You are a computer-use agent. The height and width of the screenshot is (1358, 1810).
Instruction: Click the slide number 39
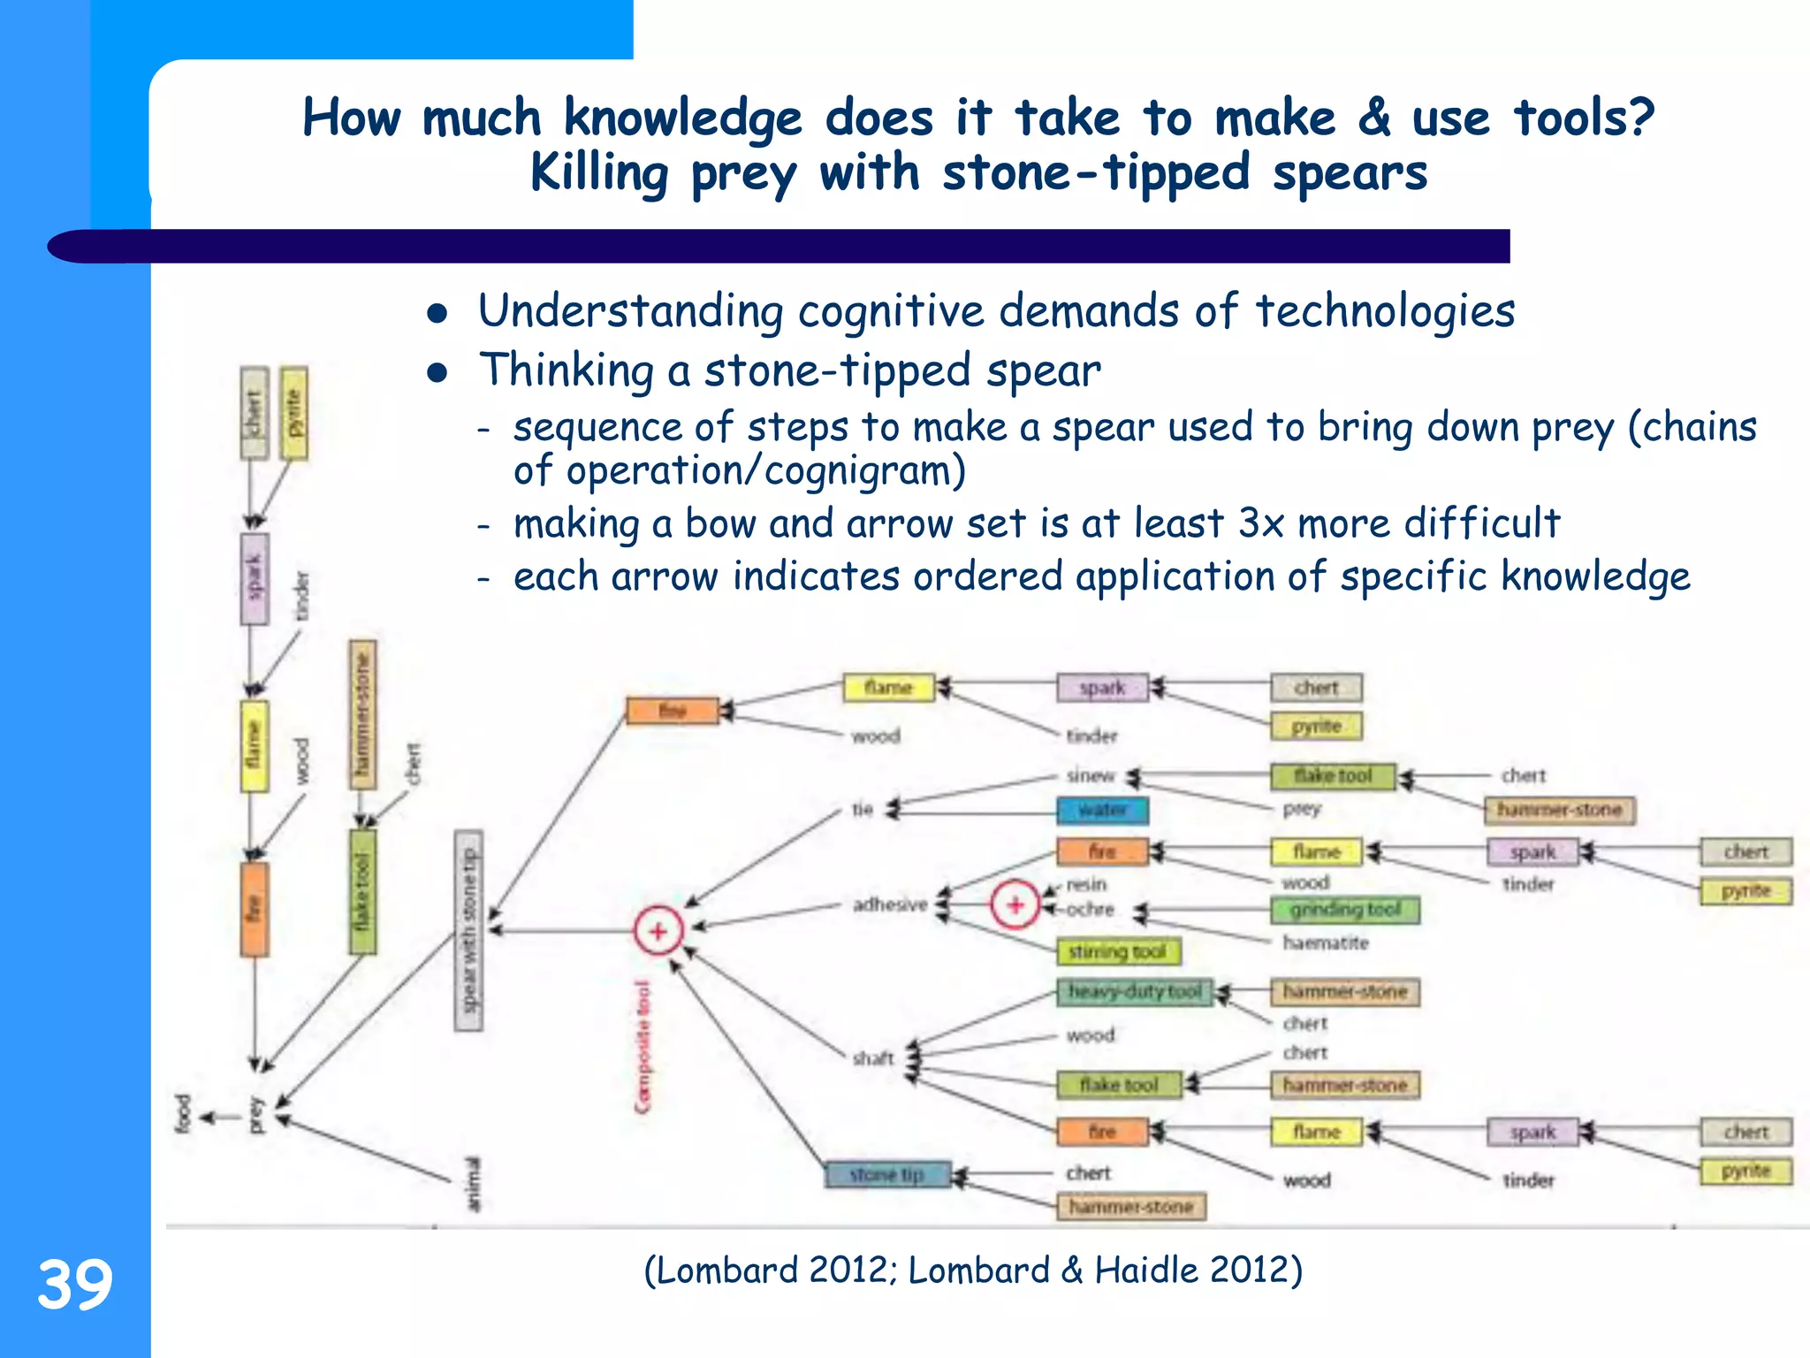tap(75, 1285)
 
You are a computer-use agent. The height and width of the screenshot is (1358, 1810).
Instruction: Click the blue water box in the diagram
tap(1102, 809)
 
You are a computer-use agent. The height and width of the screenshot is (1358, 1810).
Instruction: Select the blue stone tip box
tap(887, 1174)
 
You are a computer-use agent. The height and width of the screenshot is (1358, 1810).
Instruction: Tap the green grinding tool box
tap(1344, 910)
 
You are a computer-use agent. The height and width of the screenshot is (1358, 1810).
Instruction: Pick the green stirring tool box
tap(1119, 951)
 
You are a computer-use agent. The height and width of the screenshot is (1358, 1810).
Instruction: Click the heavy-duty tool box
tap(1134, 992)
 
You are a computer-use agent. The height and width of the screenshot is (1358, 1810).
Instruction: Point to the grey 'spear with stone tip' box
tap(468, 930)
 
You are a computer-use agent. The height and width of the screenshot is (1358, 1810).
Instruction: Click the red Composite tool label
tap(643, 1048)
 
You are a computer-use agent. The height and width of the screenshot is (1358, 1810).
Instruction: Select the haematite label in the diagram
tap(1325, 943)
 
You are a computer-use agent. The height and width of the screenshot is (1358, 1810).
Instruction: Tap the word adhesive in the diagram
tap(890, 904)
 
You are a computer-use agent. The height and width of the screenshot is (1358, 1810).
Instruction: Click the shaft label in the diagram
tap(873, 1058)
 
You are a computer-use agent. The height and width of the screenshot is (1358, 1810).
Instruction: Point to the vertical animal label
tap(474, 1185)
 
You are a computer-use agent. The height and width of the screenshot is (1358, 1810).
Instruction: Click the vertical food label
tap(183, 1114)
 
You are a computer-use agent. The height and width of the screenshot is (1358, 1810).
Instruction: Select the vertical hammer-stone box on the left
tap(362, 714)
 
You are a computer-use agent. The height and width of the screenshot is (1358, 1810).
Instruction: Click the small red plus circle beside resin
tap(1015, 904)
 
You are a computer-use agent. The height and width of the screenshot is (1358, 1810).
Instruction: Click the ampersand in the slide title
tap(1373, 118)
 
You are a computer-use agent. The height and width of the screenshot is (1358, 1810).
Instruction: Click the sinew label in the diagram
tap(1091, 775)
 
